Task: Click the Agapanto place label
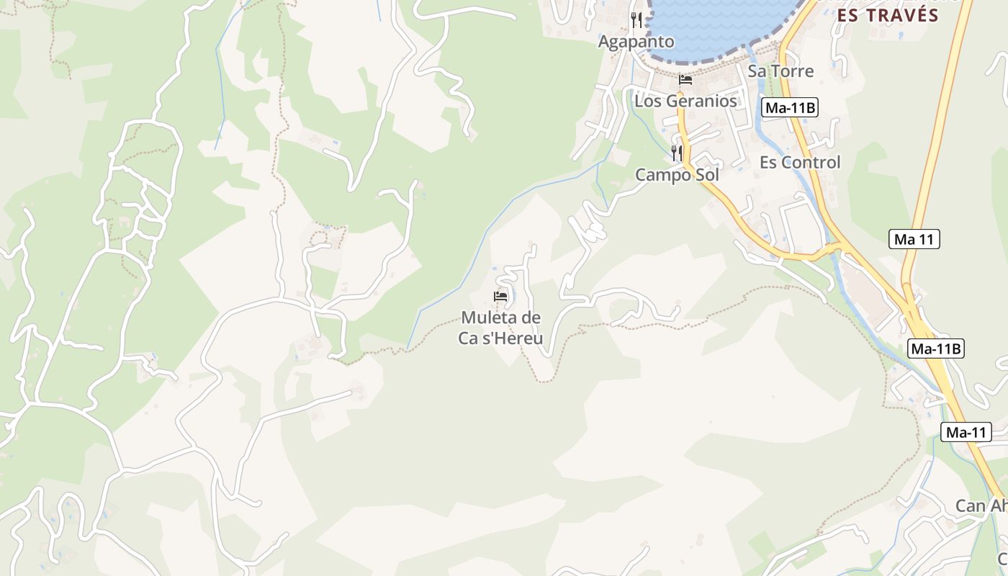tap(636, 42)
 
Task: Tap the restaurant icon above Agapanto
tap(636, 19)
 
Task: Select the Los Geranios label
tap(685, 101)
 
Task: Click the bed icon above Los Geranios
tap(685, 80)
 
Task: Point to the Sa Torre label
tap(780, 71)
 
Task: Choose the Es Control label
tap(800, 163)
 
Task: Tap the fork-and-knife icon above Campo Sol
tap(677, 153)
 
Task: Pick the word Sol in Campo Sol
tap(705, 176)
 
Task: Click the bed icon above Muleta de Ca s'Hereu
tap(500, 297)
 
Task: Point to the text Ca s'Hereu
tap(500, 338)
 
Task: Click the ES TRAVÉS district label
tap(888, 16)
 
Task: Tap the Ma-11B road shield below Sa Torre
tap(790, 108)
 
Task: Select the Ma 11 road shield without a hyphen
tap(914, 239)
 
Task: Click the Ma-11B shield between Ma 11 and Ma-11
tap(935, 349)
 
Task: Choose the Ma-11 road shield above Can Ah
tap(966, 433)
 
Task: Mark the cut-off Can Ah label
tap(981, 506)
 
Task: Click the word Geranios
tap(706, 101)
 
